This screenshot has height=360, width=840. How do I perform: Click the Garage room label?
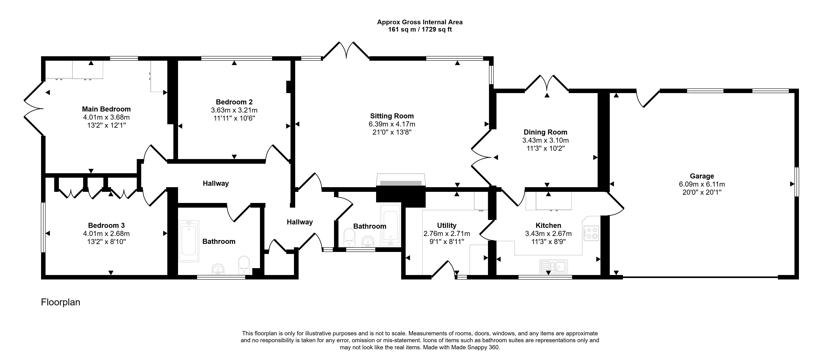[702, 176]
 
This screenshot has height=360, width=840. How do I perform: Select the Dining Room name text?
[545, 132]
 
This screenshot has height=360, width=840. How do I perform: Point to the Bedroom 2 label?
[234, 102]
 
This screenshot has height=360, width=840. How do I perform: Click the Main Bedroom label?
[106, 109]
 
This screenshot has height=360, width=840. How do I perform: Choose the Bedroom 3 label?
[106, 225]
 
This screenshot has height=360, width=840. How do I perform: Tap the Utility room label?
[447, 225]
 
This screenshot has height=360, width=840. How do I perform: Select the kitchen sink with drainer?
[553, 267]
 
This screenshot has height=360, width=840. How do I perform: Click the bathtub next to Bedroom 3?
[189, 241]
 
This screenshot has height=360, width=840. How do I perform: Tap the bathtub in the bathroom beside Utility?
[390, 225]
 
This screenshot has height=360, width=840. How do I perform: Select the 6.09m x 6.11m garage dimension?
[702, 184]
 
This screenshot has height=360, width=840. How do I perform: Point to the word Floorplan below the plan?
[61, 302]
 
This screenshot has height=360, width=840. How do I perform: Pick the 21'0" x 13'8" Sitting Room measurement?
[392, 132]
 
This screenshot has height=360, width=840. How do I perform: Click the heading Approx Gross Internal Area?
[420, 22]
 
